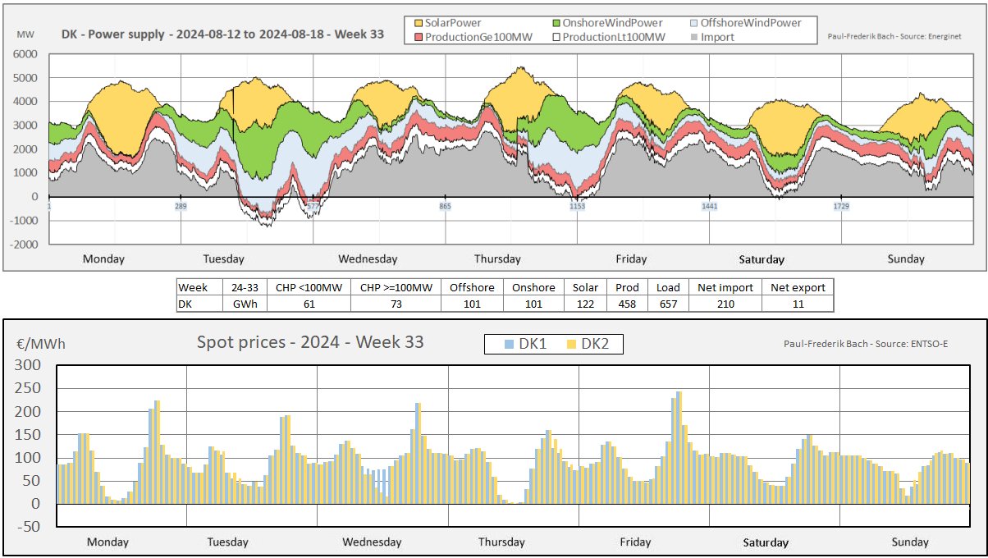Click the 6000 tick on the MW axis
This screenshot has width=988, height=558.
26,54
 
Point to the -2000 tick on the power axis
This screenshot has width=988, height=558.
23,245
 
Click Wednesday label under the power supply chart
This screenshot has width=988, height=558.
368,259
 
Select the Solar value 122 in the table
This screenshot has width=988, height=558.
584,304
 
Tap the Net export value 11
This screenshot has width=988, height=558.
797,304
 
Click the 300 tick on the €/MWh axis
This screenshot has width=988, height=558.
29,365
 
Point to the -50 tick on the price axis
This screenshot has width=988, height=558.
29,527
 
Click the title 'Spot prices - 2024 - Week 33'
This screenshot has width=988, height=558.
310,342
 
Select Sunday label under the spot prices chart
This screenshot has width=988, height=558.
910,542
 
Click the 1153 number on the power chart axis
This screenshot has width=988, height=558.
578,207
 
